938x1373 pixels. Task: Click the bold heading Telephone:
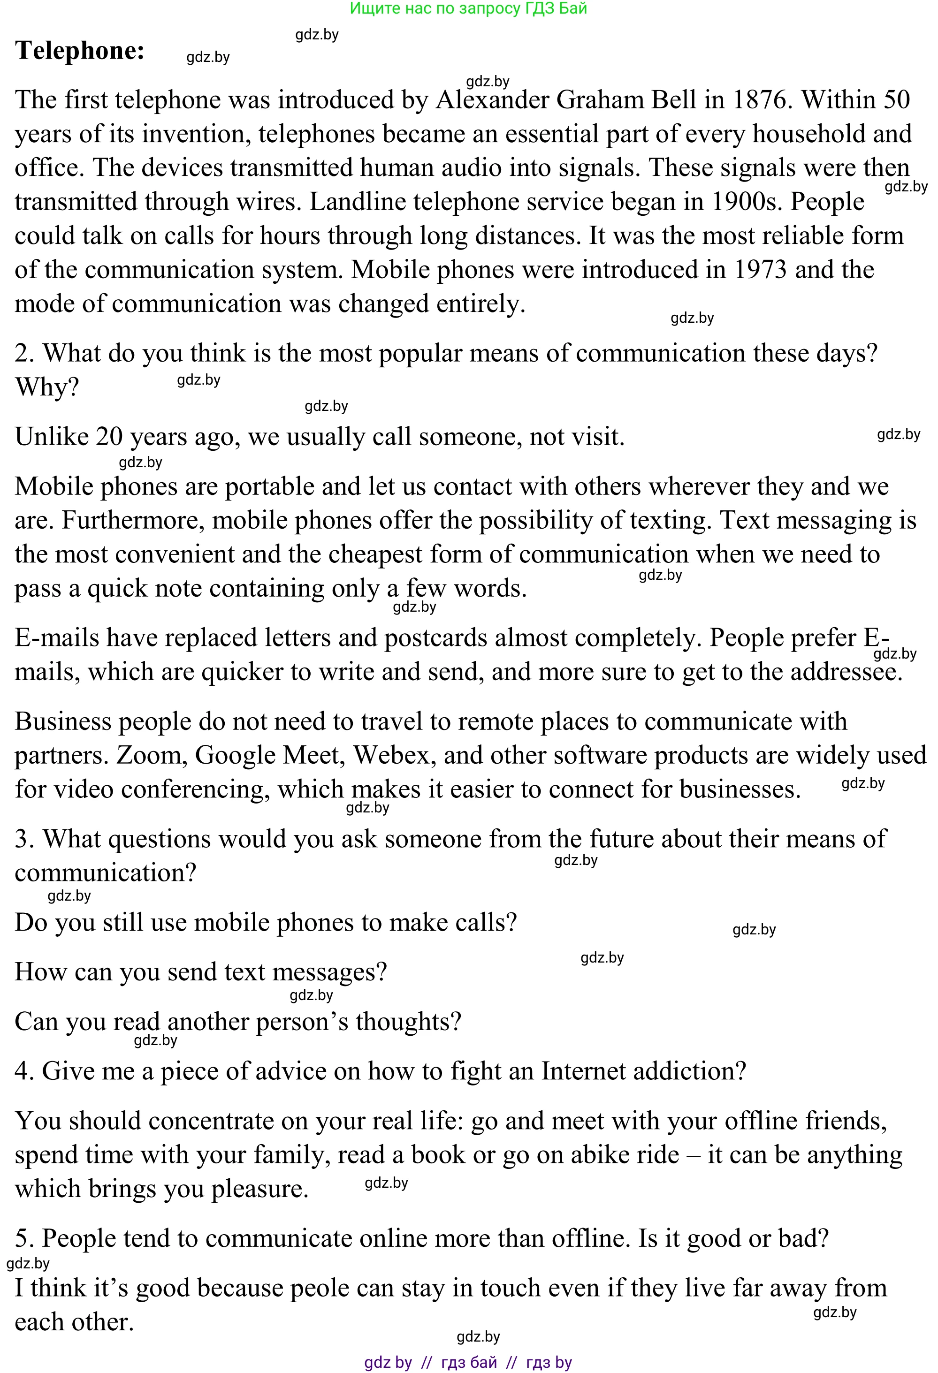point(80,51)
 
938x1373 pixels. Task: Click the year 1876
point(763,100)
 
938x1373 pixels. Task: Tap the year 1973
point(760,270)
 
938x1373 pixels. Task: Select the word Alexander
point(492,100)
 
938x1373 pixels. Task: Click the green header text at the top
point(468,8)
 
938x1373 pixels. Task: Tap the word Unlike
point(52,437)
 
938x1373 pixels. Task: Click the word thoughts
point(408,1022)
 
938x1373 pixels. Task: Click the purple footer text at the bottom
point(468,1362)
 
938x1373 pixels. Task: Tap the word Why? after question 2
point(47,387)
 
